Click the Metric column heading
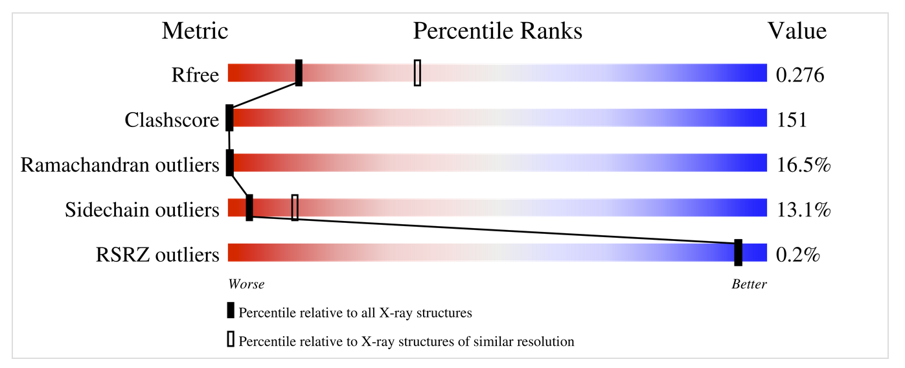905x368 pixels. [194, 30]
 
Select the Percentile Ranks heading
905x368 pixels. [498, 30]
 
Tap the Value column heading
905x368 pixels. [797, 30]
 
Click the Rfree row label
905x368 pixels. [195, 75]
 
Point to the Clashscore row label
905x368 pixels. [172, 120]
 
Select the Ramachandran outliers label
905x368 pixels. [120, 165]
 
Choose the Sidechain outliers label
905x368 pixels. [142, 209]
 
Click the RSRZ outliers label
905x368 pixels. [157, 255]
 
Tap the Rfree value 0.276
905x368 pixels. [799, 75]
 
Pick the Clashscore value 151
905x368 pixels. [791, 120]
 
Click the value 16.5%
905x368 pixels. [803, 165]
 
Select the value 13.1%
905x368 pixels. [803, 209]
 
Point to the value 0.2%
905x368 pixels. [798, 255]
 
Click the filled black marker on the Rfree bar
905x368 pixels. [299, 73]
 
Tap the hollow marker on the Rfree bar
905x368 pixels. [417, 73]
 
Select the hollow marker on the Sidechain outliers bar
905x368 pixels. [295, 207]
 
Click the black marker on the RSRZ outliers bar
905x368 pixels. [738, 253]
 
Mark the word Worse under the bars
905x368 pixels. [246, 284]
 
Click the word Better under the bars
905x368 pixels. [749, 284]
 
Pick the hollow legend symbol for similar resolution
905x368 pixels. [230, 339]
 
